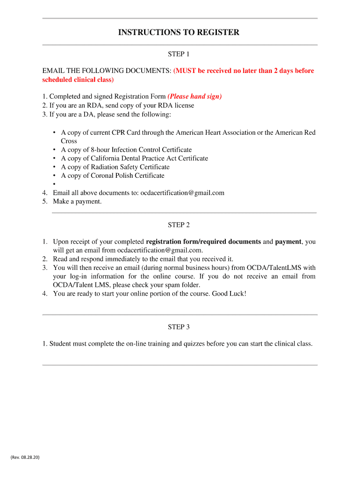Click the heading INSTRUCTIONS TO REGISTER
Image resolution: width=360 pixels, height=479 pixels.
pyautogui.click(x=179, y=33)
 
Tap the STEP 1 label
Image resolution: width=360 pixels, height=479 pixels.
pyautogui.click(x=179, y=55)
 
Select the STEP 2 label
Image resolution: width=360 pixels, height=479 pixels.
pyautogui.click(x=179, y=225)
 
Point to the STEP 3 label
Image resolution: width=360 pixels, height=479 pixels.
pyautogui.click(x=179, y=327)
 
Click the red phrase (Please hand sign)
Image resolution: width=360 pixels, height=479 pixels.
pyautogui.click(x=194, y=97)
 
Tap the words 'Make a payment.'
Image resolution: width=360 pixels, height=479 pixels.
pyautogui.click(x=77, y=202)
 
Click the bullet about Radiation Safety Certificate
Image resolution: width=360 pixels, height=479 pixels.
pyautogui.click(x=115, y=167)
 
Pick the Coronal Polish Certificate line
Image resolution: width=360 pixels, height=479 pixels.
pyautogui.click(x=113, y=176)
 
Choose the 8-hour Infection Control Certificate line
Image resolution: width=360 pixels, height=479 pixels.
pyautogui.click(x=126, y=150)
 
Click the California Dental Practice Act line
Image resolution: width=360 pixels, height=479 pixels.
pyautogui.click(x=134, y=159)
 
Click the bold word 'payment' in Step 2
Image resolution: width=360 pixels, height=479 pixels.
pyautogui.click(x=288, y=242)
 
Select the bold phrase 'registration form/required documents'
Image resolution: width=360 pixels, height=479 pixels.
pyautogui.click(x=203, y=242)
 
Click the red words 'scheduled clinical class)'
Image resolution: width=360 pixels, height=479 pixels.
pyautogui.click(x=78, y=80)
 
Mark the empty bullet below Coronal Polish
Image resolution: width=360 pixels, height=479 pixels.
pyautogui.click(x=55, y=184)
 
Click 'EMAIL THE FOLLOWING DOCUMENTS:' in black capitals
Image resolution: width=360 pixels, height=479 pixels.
pyautogui.click(x=107, y=71)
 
